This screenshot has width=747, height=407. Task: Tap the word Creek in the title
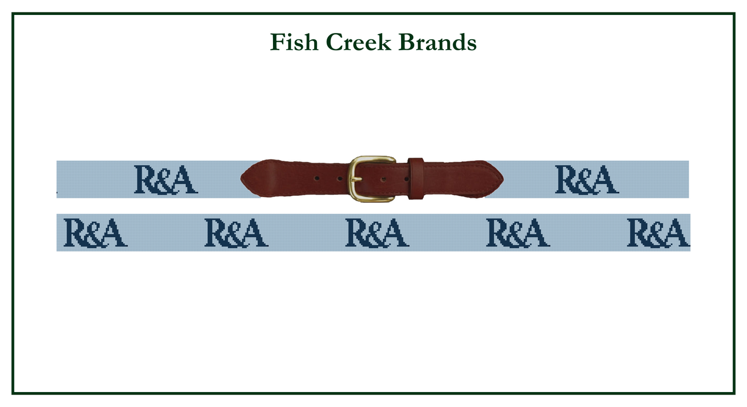(x=358, y=42)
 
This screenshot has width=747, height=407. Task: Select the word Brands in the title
(x=437, y=42)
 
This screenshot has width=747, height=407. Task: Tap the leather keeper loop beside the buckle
(x=416, y=179)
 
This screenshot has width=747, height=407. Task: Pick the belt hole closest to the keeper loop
(x=406, y=179)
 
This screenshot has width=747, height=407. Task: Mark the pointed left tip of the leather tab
(x=241, y=179)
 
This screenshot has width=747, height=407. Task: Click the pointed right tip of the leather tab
(x=503, y=180)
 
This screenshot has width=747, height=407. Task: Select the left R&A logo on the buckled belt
(x=166, y=180)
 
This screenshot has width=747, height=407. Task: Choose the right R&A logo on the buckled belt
(x=587, y=180)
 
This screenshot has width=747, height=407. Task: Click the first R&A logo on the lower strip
(x=95, y=233)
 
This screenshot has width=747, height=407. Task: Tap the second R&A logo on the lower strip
(x=236, y=233)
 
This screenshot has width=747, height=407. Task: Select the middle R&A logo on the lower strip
(x=377, y=233)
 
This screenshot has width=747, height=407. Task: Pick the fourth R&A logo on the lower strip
(x=518, y=233)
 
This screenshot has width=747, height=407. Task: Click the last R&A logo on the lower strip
(x=659, y=233)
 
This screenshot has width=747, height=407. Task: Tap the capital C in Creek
(x=335, y=42)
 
